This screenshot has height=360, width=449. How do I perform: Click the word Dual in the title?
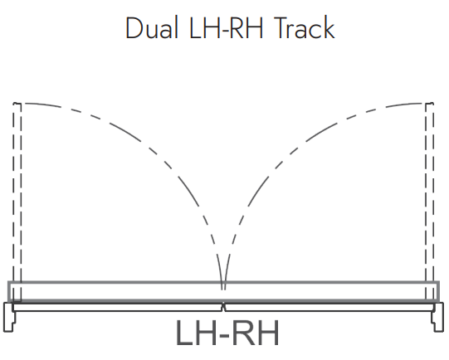152,27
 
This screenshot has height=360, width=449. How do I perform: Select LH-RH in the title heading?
226,27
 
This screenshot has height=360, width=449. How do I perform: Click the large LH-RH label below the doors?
227,333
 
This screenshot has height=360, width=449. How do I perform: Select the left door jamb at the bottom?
8,317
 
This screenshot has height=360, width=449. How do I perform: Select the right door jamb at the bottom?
438,317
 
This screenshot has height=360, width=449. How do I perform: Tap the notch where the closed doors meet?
223,307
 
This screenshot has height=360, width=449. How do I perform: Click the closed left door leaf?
117,308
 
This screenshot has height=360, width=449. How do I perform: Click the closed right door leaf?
329,308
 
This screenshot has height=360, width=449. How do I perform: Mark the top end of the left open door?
17,103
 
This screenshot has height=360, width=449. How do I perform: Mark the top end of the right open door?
430,103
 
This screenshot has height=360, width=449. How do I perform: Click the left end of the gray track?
9,291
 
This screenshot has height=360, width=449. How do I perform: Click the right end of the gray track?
438,291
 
